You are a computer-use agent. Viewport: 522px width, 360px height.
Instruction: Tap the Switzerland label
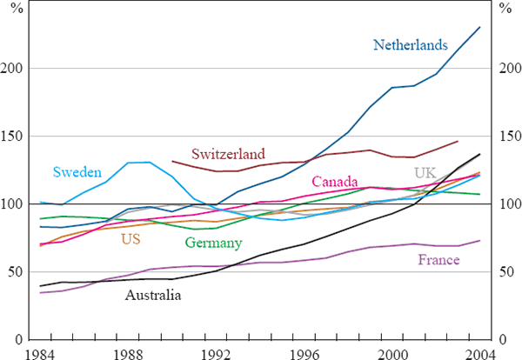[228, 154]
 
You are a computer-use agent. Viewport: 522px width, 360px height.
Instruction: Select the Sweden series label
[77, 172]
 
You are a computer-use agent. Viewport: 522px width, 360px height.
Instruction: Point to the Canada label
[335, 182]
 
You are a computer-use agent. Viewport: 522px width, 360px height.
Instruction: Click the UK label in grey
[425, 172]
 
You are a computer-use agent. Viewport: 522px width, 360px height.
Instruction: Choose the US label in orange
[130, 238]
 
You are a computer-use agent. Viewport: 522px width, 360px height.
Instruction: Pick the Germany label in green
[213, 242]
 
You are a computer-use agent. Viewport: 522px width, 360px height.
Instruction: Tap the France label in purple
[438, 260]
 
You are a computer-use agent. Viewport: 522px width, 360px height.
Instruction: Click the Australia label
[153, 296]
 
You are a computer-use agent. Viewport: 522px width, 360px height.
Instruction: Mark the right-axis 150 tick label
[505, 136]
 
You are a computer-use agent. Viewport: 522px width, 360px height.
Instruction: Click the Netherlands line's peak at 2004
[480, 27]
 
